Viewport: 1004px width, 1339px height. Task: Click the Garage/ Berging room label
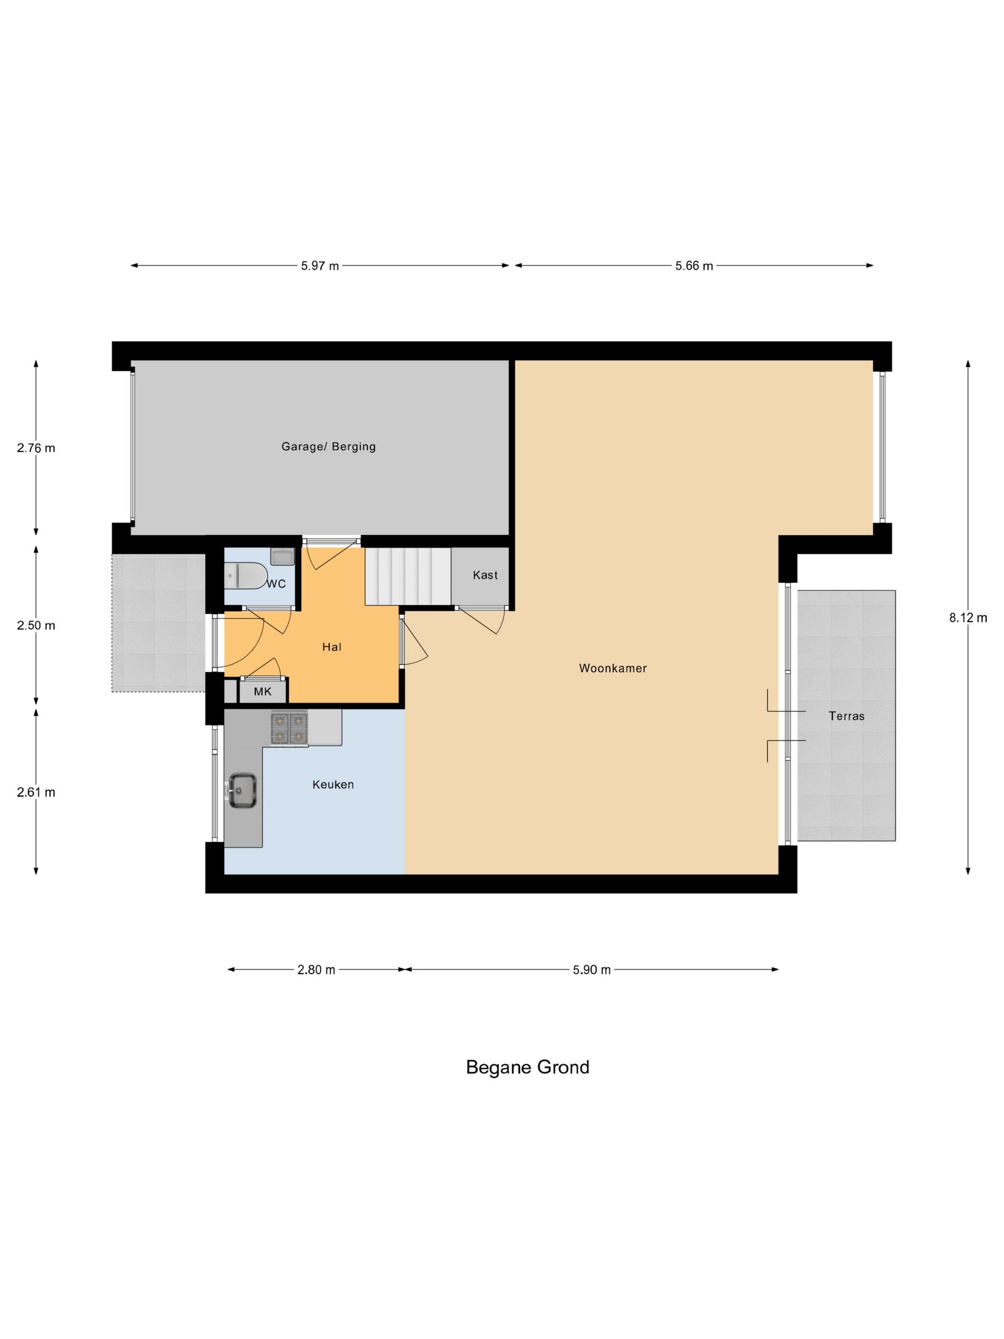328,447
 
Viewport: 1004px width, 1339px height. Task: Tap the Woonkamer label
612,668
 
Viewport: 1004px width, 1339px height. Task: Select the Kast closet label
485,575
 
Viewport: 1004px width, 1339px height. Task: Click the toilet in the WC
245,575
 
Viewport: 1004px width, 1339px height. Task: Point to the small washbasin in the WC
282,556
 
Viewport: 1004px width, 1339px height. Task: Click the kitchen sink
242,790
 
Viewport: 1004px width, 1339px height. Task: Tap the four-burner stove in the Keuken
289,728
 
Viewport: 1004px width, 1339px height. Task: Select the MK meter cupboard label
262,692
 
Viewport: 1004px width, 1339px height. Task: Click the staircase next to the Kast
408,576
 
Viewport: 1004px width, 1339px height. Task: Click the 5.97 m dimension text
319,266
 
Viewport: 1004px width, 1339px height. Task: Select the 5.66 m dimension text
694,266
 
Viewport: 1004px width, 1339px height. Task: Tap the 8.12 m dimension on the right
968,618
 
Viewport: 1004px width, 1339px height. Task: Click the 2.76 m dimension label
36,448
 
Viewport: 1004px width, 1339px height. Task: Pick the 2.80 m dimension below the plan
316,970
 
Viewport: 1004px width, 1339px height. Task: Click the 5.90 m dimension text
591,970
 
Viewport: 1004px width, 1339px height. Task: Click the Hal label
332,647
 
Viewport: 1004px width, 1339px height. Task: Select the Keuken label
333,785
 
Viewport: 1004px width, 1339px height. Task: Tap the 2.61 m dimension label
36,792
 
